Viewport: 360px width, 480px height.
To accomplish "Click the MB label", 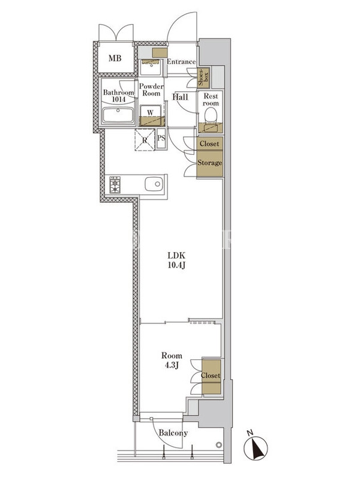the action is (115, 58).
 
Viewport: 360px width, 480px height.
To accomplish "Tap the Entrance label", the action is (181, 62).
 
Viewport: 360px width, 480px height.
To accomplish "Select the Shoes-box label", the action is (203, 77).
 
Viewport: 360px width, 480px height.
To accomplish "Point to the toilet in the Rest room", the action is (211, 116).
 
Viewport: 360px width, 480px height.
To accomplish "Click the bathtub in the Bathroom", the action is (118, 115).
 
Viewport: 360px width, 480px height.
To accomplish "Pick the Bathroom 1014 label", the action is (118, 96).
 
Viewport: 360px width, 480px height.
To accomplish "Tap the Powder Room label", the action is (151, 89).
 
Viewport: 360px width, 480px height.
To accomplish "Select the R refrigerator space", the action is (145, 140).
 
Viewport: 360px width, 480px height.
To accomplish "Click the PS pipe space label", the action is (161, 138).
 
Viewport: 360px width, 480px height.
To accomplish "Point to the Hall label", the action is (181, 97).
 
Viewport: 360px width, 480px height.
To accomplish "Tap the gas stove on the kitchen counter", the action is (115, 184).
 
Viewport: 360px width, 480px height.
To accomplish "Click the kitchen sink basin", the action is (154, 184).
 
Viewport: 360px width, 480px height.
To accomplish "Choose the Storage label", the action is (209, 163).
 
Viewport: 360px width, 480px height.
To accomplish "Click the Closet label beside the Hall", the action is (209, 143).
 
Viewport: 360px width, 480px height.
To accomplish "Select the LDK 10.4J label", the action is (176, 260).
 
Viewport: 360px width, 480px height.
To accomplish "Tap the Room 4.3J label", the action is (172, 361).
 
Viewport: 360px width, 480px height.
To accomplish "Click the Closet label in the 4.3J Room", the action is (211, 376).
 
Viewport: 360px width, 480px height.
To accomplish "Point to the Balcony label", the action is (173, 433).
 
